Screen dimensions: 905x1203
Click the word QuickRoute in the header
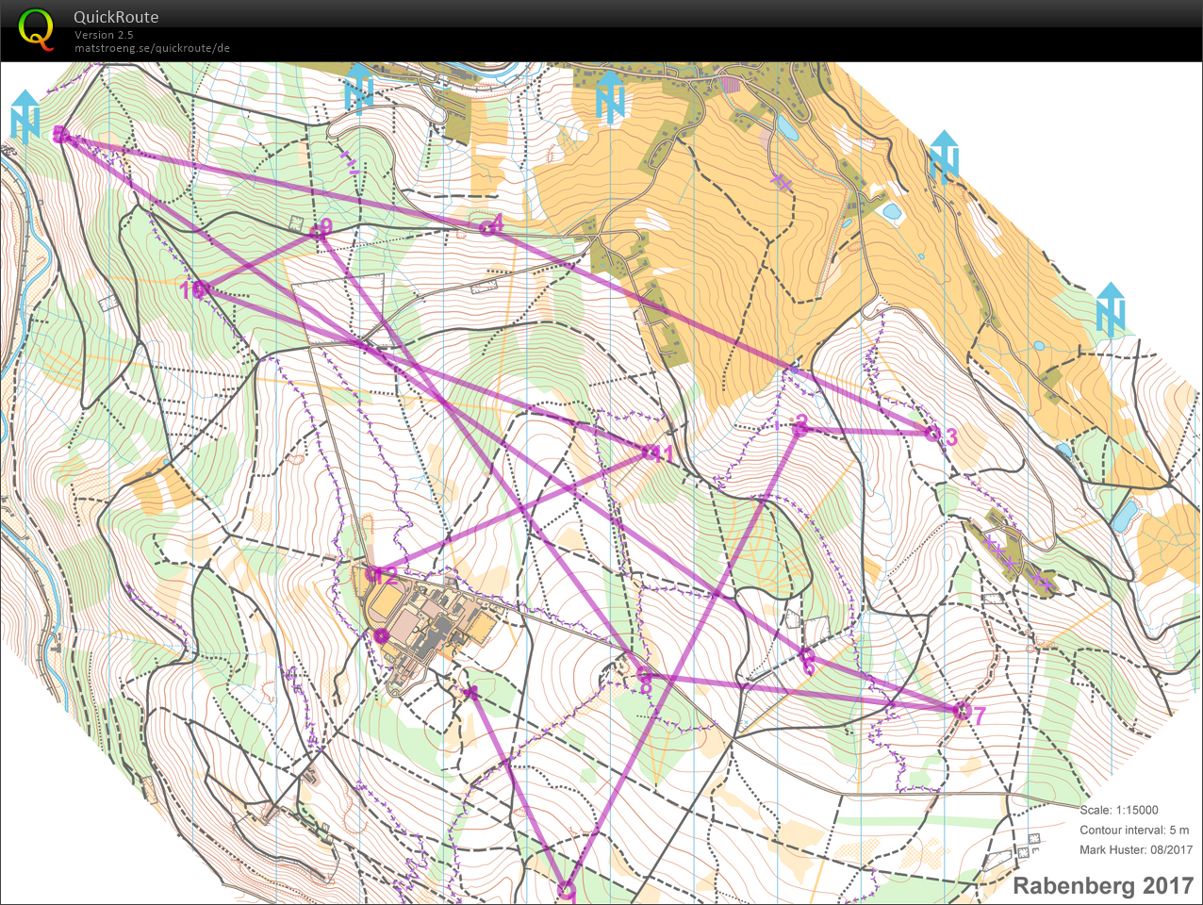(x=116, y=17)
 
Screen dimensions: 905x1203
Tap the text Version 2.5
(x=104, y=35)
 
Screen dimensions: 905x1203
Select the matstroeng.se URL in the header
(x=152, y=48)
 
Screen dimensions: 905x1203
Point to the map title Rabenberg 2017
(x=1102, y=886)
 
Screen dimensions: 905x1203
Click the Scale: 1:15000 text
(x=1118, y=810)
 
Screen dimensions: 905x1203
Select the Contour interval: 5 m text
(x=1134, y=830)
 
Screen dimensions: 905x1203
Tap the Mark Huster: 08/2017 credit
(x=1135, y=849)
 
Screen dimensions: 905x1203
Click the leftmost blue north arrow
(x=25, y=116)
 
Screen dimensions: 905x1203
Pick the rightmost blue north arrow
(x=1111, y=309)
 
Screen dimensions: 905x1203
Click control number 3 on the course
(x=932, y=434)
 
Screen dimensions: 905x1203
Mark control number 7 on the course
(x=962, y=711)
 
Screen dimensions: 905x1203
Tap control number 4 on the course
(x=488, y=226)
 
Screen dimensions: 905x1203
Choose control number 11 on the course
(x=650, y=453)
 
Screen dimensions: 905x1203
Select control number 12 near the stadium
(x=373, y=574)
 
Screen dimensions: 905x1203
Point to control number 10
(x=197, y=289)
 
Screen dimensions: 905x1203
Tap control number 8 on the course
(x=644, y=675)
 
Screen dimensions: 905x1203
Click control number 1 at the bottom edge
(x=566, y=889)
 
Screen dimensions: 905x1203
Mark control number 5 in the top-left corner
(x=61, y=135)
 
